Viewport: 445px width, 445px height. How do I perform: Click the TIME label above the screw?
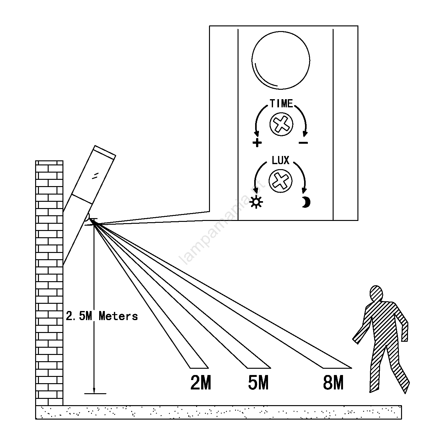tap(281, 104)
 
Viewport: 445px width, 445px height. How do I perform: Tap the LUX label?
tap(280, 161)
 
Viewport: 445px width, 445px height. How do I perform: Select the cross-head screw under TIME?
tap(281, 124)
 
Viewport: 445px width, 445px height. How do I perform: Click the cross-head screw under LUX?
tap(281, 181)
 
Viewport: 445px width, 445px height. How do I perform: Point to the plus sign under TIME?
tap(257, 143)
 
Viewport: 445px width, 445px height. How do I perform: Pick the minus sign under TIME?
tap(303, 143)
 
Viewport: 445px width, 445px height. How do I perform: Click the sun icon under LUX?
tap(256, 202)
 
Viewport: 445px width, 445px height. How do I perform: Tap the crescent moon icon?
tap(306, 202)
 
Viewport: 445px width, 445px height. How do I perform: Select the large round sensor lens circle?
tap(281, 60)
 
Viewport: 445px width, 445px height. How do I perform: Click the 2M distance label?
tap(201, 383)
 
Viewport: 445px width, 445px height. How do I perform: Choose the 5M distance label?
tap(258, 383)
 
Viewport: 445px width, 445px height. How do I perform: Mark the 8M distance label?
tap(333, 383)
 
